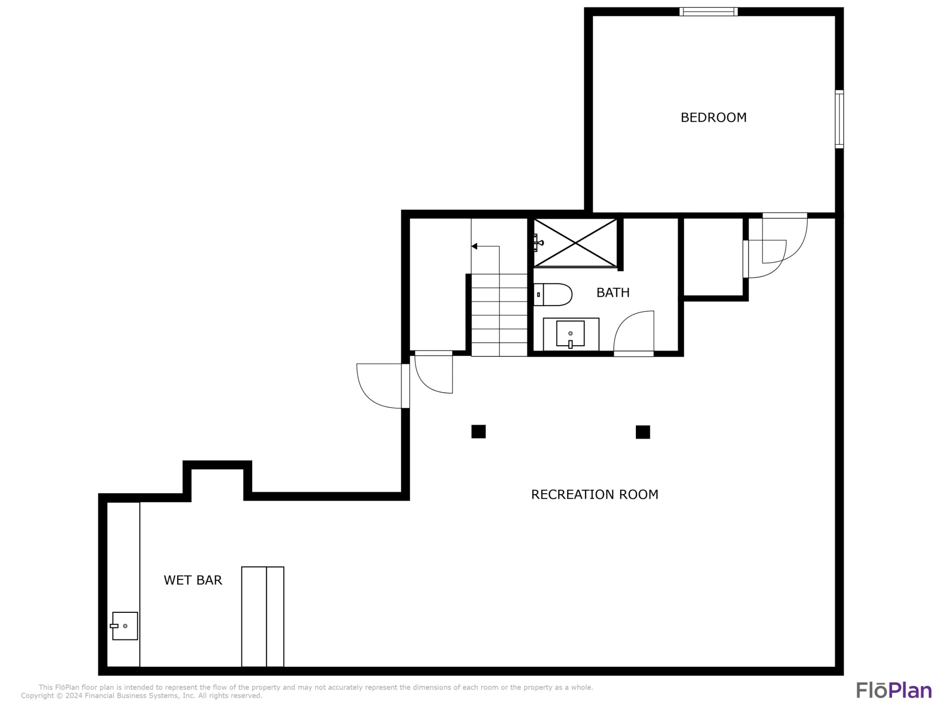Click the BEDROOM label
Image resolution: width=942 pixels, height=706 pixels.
713,118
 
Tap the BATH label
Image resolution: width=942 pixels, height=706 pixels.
613,293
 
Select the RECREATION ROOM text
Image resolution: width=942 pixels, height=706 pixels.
595,494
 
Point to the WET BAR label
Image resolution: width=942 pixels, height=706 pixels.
193,580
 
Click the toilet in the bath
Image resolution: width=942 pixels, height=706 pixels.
552,295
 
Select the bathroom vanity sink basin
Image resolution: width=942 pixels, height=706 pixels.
570,334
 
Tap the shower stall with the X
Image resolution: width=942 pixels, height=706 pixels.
575,243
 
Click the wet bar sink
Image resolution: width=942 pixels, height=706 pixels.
125,626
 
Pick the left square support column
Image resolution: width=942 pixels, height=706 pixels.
478,431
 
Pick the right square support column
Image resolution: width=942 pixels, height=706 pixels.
643,432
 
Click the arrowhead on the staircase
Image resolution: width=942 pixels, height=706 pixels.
474,246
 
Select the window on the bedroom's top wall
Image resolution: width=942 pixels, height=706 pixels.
708,12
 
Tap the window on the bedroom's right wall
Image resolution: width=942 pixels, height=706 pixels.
839,119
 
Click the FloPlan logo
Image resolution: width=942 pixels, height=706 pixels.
894,690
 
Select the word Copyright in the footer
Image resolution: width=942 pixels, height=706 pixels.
37,696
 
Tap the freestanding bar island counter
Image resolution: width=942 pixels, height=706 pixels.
262,617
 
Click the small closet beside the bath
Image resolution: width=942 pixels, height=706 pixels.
713,257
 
